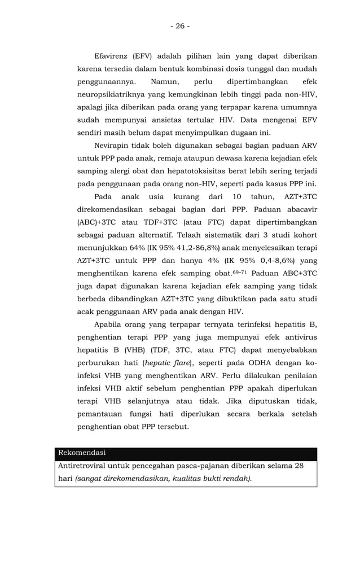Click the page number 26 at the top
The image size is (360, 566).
tap(179, 26)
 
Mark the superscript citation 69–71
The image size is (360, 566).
tap(241, 272)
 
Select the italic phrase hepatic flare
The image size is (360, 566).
tap(173, 363)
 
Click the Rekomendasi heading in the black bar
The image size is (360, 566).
tap(82, 453)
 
